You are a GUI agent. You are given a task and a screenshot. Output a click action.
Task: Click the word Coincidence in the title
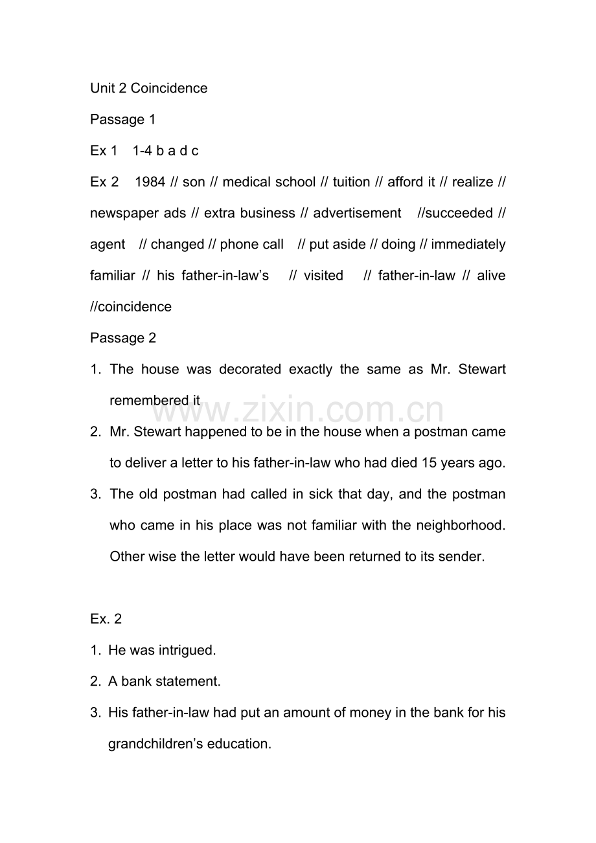point(169,88)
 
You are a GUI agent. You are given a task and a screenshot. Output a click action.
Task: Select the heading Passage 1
point(123,120)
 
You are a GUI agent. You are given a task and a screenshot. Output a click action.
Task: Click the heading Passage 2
point(123,338)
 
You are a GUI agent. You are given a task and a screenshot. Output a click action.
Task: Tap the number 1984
point(150,182)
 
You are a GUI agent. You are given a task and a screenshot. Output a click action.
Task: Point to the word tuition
point(351,182)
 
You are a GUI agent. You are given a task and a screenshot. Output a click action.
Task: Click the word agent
point(108,245)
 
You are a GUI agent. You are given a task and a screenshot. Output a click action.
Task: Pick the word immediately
point(468,245)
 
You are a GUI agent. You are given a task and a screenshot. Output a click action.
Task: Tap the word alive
point(490,276)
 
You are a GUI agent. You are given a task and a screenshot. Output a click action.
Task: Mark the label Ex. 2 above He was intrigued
point(106,619)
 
